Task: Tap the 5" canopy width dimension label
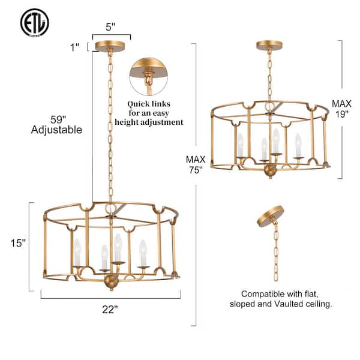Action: click(x=110, y=28)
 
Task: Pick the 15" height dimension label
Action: click(x=19, y=243)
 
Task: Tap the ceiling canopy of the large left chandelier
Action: click(x=110, y=46)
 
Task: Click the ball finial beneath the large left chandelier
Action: click(x=111, y=281)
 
